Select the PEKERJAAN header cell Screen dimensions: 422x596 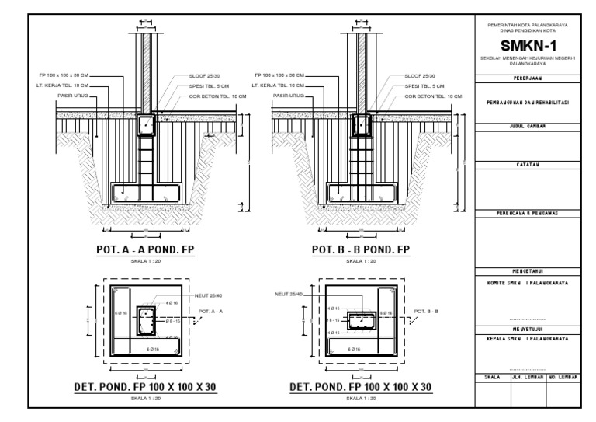(528, 78)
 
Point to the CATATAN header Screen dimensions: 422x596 (528, 164)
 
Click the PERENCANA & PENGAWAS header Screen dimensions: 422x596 (528, 213)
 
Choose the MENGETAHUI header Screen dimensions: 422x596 (528, 271)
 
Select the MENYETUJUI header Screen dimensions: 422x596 (528, 330)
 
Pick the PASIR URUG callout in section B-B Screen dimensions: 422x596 (286, 96)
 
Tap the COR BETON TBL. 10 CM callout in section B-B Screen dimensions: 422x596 (435, 96)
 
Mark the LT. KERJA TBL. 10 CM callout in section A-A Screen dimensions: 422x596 (66, 85)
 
